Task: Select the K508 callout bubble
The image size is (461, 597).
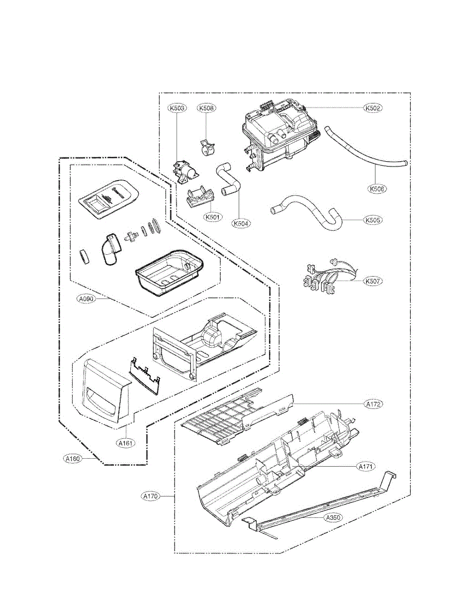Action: (206, 108)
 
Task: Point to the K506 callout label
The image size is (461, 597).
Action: (377, 189)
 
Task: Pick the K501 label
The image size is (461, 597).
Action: (212, 217)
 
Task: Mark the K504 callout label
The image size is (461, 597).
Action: (241, 223)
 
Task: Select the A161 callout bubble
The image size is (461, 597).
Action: (126, 442)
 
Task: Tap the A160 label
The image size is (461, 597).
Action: (73, 459)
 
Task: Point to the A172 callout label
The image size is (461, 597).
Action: (373, 404)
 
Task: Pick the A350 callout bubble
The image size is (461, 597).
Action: (333, 518)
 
